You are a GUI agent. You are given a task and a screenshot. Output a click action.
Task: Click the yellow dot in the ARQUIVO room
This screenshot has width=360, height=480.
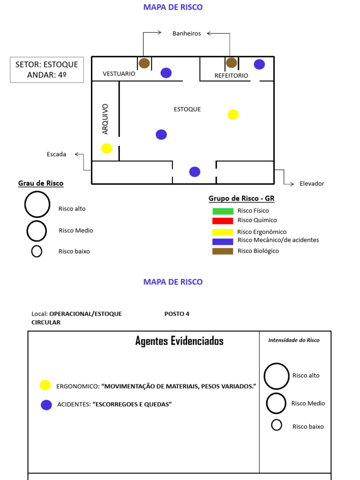click(x=106, y=149)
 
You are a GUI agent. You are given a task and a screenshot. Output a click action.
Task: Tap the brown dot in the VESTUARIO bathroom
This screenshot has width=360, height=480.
click(x=144, y=63)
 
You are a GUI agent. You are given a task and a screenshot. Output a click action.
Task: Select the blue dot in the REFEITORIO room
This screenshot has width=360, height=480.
click(x=259, y=64)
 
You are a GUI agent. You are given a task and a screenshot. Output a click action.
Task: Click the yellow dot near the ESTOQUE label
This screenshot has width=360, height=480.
click(x=233, y=115)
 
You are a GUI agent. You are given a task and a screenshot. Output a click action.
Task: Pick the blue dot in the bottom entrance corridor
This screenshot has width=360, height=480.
click(x=195, y=172)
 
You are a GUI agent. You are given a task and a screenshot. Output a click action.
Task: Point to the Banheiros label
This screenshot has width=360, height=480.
click(x=187, y=33)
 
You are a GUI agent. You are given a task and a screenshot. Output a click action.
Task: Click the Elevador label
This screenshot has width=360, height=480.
click(x=312, y=183)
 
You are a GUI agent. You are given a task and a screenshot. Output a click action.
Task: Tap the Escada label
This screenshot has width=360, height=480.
click(x=56, y=154)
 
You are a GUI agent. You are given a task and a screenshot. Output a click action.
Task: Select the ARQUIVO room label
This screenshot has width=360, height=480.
click(x=105, y=119)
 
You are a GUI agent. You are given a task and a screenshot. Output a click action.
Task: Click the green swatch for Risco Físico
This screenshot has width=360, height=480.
click(x=223, y=211)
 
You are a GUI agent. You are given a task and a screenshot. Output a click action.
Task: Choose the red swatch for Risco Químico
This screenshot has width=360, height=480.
click(x=223, y=221)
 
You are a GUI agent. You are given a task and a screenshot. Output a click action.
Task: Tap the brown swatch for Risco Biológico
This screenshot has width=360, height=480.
click(x=223, y=251)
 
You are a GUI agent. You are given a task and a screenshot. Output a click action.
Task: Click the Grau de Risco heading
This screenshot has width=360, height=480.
click(x=41, y=183)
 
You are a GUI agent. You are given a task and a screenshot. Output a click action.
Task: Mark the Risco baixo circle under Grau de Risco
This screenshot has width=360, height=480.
click(x=37, y=251)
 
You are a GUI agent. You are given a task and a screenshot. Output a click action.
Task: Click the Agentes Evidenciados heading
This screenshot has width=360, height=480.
click(x=180, y=341)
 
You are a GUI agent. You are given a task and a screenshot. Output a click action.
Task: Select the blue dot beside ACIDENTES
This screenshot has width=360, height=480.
click(x=46, y=405)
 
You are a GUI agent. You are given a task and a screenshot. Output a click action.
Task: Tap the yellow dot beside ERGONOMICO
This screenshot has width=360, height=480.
click(x=45, y=385)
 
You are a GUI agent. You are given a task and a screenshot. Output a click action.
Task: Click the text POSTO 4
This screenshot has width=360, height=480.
click(x=177, y=314)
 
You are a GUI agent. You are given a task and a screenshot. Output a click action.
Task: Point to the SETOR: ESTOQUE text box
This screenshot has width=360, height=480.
click(x=47, y=70)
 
